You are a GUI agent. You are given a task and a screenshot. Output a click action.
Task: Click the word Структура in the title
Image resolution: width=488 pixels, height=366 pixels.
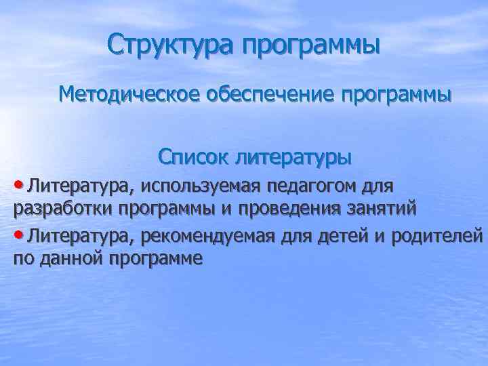(x=169, y=45)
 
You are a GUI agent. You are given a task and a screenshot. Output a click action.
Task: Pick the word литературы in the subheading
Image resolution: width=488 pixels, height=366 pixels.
(x=293, y=159)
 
